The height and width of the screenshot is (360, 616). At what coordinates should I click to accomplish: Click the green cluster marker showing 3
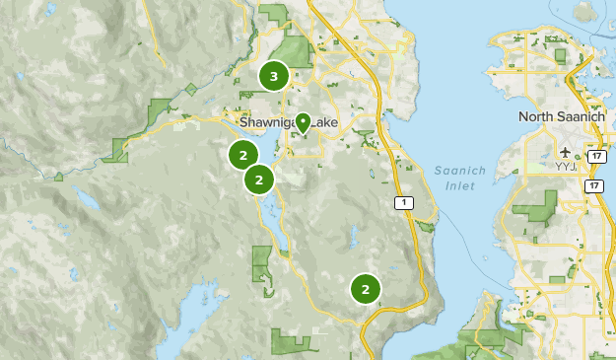[273, 75]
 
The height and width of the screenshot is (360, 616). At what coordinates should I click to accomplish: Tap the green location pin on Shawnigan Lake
[304, 122]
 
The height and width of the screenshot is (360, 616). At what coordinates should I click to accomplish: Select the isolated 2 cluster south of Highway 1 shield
[366, 289]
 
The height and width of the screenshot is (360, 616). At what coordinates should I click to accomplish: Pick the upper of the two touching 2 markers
[242, 155]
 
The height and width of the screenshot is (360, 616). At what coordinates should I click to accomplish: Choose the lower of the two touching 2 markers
[259, 180]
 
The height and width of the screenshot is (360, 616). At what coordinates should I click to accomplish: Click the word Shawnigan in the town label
[267, 122]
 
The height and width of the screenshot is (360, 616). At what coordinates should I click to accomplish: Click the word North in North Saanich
[537, 117]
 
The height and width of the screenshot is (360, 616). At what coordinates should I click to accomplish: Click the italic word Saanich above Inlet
[453, 171]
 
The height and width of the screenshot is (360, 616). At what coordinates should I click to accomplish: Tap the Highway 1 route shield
[403, 202]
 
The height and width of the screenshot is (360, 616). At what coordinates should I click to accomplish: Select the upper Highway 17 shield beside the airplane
[594, 155]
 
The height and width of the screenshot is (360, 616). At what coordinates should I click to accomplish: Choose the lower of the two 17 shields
[593, 185]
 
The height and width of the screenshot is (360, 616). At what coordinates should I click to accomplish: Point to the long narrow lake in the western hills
[89, 201]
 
